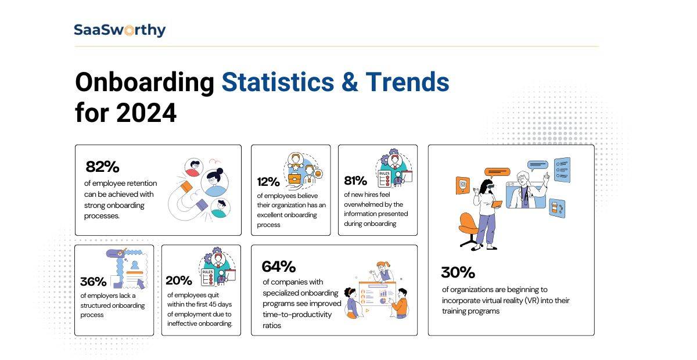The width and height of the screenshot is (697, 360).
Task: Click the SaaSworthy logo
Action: pyautogui.click(x=120, y=30)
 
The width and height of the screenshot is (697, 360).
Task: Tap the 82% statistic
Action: pyautogui.click(x=102, y=167)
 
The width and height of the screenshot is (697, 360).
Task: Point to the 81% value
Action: pyautogui.click(x=355, y=181)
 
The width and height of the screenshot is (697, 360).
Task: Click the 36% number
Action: pyautogui.click(x=94, y=282)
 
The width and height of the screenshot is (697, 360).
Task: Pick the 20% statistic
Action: pyautogui.click(x=179, y=280)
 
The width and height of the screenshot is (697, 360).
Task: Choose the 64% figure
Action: pyautogui.click(x=279, y=267)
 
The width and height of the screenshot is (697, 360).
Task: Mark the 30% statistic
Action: pyautogui.click(x=458, y=272)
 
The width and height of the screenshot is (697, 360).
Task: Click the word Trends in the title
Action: pyautogui.click(x=407, y=82)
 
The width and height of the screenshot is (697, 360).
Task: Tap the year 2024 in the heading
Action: pyautogui.click(x=146, y=113)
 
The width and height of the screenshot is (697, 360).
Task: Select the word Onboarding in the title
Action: pyautogui.click(x=145, y=82)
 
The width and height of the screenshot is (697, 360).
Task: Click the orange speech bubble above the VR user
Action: pyautogui.click(x=497, y=172)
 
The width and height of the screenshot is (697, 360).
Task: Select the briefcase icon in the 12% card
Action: pyautogui.click(x=295, y=178)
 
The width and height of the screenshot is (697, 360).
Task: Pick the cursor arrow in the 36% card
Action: pyautogui.click(x=139, y=283)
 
